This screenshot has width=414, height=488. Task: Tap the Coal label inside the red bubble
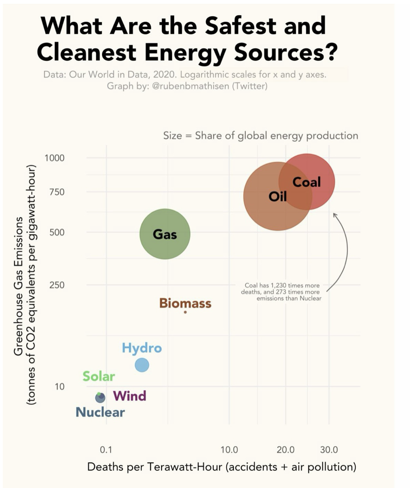(x=306, y=182)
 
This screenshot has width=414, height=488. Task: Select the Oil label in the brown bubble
(x=278, y=197)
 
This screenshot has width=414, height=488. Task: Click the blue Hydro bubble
(x=142, y=365)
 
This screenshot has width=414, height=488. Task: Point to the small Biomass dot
(x=185, y=312)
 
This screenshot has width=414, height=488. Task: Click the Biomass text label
(x=185, y=303)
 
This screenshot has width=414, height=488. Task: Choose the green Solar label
(x=98, y=376)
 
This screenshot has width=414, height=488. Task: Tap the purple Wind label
(x=129, y=396)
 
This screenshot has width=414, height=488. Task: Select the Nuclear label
(x=100, y=412)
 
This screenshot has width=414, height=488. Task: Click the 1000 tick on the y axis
(x=55, y=158)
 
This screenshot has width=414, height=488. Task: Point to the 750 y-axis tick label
(x=57, y=192)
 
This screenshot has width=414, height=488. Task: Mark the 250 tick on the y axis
(x=57, y=285)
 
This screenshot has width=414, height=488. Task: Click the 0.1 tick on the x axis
(x=106, y=450)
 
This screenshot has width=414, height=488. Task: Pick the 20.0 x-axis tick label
(x=286, y=450)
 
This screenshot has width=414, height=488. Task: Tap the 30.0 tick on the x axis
(x=329, y=450)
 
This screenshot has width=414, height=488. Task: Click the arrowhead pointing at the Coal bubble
(x=335, y=215)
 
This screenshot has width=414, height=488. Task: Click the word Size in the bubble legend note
(x=173, y=136)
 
